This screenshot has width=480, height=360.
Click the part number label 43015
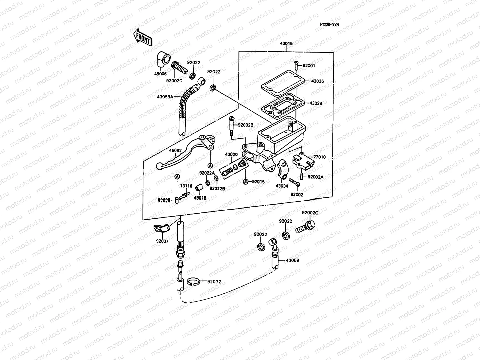tap(286, 43)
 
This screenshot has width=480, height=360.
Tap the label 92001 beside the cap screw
tap(309, 65)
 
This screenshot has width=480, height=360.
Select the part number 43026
tap(317, 81)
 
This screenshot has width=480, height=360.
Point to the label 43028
tap(316, 103)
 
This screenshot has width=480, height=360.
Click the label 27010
tap(319, 157)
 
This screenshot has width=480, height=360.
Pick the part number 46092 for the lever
tap(167, 151)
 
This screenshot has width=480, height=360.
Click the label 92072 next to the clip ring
tap(214, 282)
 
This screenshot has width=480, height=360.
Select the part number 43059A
tap(165, 97)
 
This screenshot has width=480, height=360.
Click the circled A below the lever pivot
tap(210, 165)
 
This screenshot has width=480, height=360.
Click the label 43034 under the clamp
tap(282, 186)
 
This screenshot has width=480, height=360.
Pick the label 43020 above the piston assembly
tap(231, 154)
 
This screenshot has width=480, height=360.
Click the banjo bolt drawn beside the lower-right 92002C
tap(305, 227)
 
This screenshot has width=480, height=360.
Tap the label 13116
tap(186, 186)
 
